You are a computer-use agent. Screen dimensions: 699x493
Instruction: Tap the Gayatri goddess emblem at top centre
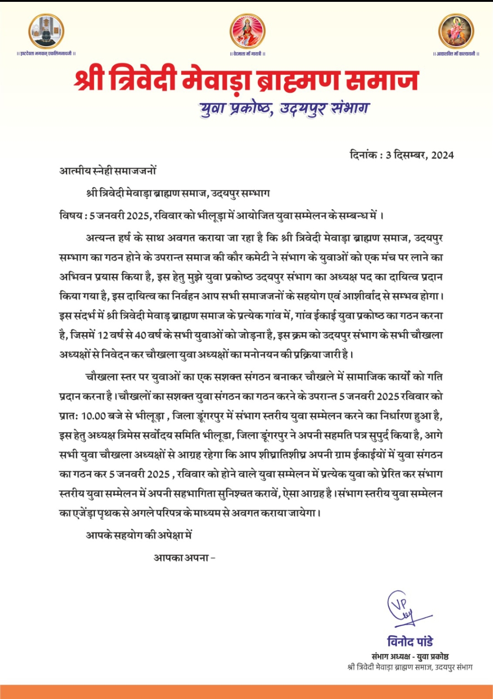click(x=247, y=31)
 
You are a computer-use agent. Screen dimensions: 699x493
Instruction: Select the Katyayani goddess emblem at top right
click(x=456, y=31)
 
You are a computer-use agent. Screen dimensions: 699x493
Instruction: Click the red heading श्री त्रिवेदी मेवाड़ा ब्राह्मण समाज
click(x=246, y=80)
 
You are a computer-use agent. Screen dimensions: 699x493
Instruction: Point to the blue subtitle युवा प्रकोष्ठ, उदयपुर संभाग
click(x=284, y=108)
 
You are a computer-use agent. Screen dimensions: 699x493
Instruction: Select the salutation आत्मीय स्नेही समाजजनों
click(x=108, y=171)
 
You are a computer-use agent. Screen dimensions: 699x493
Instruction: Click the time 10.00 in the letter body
click(x=94, y=416)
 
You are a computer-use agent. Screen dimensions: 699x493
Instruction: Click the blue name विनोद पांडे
click(x=410, y=642)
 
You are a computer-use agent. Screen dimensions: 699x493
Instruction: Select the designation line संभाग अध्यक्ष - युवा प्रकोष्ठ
click(x=410, y=657)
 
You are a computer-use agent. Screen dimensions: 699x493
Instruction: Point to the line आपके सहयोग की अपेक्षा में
click(x=139, y=535)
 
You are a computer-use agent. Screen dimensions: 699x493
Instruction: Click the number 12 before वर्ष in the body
click(x=103, y=335)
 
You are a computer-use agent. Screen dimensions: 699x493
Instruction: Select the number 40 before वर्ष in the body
click(x=140, y=335)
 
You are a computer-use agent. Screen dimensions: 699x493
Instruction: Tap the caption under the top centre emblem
click(x=247, y=54)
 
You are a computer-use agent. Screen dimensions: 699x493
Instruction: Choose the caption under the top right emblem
click(x=456, y=54)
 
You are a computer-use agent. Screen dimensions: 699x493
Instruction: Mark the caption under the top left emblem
click(x=46, y=54)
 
